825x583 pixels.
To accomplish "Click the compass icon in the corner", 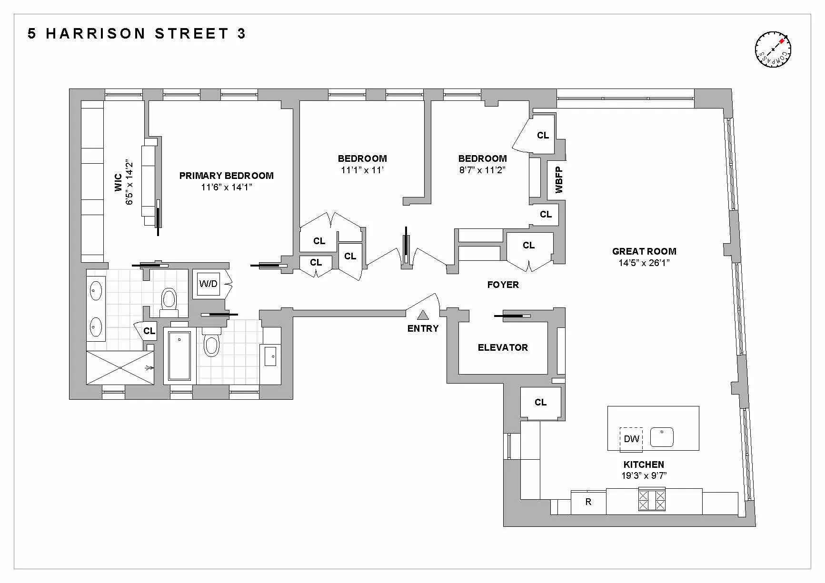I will point(773,49).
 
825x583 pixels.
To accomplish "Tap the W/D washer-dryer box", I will point(209,284).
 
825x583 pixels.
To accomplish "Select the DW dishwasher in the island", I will point(631,439).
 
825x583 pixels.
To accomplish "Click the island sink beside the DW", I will point(662,437).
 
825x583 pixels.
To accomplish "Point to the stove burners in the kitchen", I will point(651,500).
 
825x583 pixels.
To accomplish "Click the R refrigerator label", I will point(588,502).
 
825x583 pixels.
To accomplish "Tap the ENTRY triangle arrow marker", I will point(423,315).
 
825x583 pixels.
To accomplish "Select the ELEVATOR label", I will point(503,347).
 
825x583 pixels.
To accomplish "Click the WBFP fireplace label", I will point(559,180).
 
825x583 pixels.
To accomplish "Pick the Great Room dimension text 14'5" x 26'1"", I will point(644,263).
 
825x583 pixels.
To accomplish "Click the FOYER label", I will point(503,285).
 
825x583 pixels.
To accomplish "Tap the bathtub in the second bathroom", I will point(179,356).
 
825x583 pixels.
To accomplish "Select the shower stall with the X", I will point(120,367).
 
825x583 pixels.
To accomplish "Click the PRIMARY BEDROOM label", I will point(226,176).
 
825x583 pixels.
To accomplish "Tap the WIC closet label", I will point(119,183).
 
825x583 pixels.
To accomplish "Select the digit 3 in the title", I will point(241,33).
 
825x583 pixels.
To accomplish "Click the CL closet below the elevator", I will point(540,403).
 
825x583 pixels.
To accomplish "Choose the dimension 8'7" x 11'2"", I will point(482,170).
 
